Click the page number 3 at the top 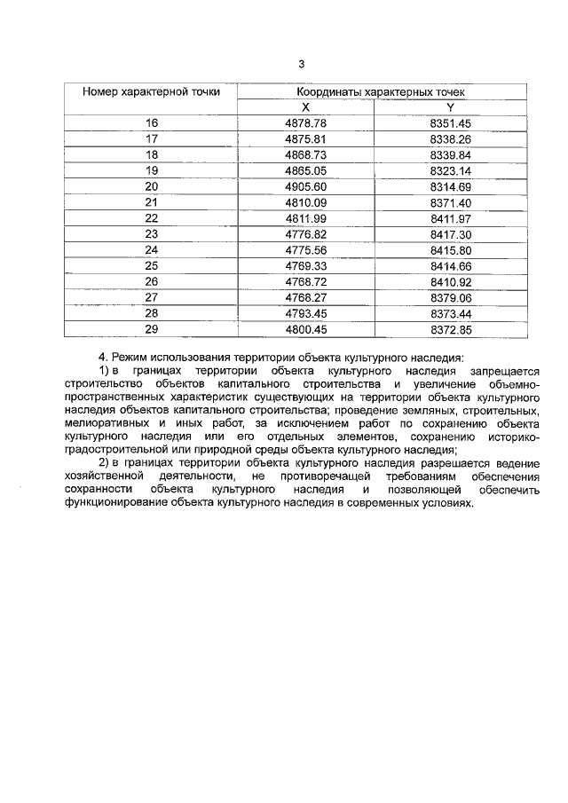point(302,63)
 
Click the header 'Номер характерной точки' point(152,91)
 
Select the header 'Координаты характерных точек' point(381,91)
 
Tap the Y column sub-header point(450,106)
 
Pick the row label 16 point(151,122)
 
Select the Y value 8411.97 point(450,218)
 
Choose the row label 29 point(151,329)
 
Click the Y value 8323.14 point(450,170)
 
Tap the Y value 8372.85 point(450,329)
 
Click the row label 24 point(151,250)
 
